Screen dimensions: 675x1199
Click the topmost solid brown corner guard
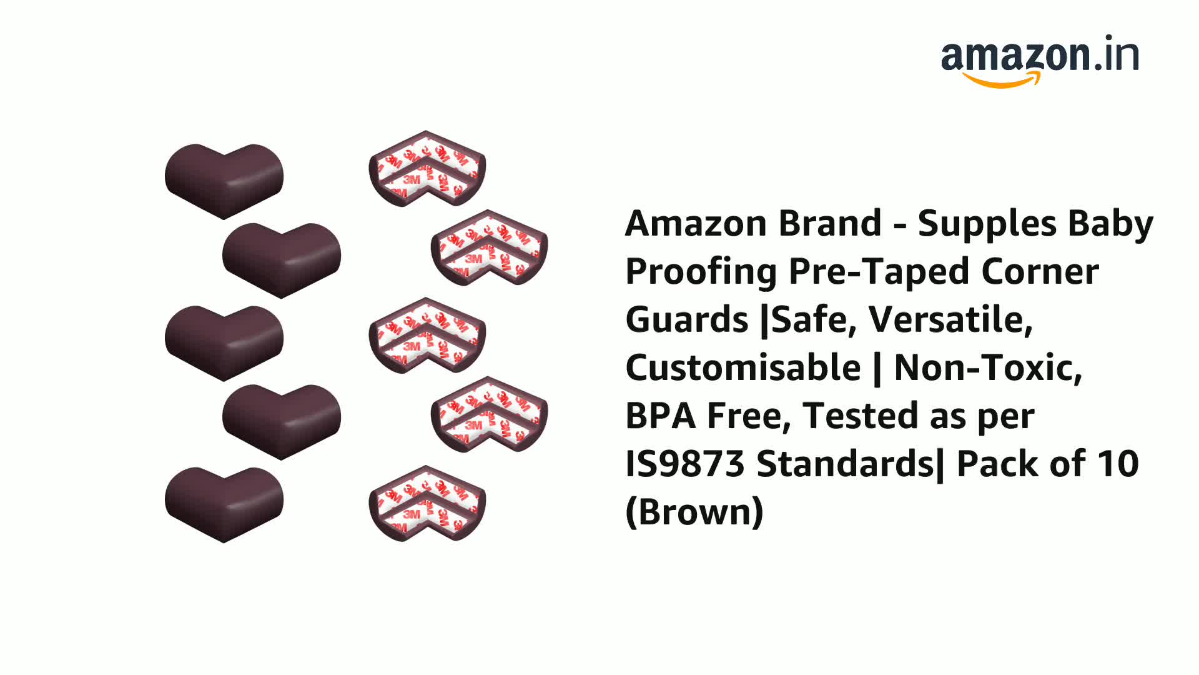pos(224,180)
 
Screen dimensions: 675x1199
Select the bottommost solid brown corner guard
pos(224,503)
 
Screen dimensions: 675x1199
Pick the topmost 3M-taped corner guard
pos(427,169)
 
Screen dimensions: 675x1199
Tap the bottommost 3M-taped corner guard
pos(427,503)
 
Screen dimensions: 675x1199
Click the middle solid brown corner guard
pos(224,342)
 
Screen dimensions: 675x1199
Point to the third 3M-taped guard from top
pos(427,336)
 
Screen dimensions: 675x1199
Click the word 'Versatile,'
pos(950,319)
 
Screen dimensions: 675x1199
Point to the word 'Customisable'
pos(743,367)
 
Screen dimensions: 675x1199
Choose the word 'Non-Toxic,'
pos(988,367)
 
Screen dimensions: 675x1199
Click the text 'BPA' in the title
pos(660,416)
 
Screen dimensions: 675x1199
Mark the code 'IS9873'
pos(685,464)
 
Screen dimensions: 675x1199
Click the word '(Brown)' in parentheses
pos(694,512)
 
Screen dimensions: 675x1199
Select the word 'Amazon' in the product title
pos(691,224)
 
